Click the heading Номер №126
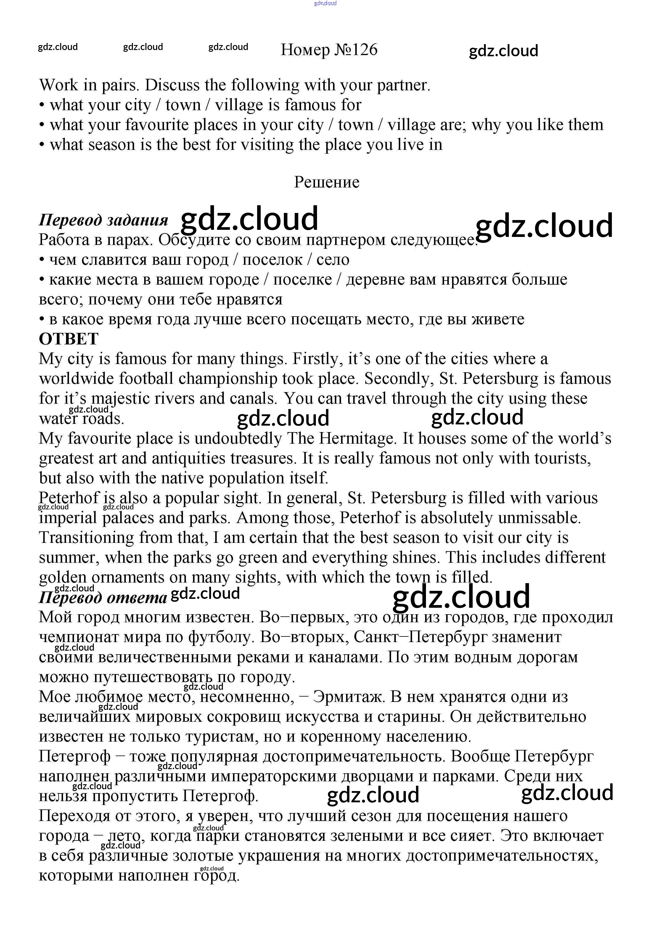(329, 50)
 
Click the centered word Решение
(327, 182)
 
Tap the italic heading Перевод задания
(103, 220)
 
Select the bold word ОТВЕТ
(69, 339)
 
